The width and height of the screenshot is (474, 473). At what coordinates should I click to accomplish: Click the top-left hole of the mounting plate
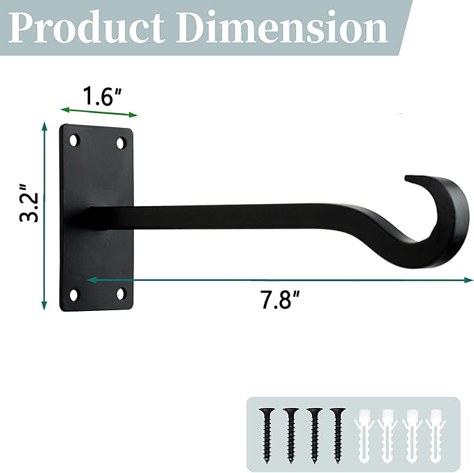[x=73, y=141]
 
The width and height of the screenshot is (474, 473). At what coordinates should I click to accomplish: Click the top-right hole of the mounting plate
[x=121, y=143]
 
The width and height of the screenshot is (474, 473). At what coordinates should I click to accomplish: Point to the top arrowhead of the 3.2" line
[x=45, y=126]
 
